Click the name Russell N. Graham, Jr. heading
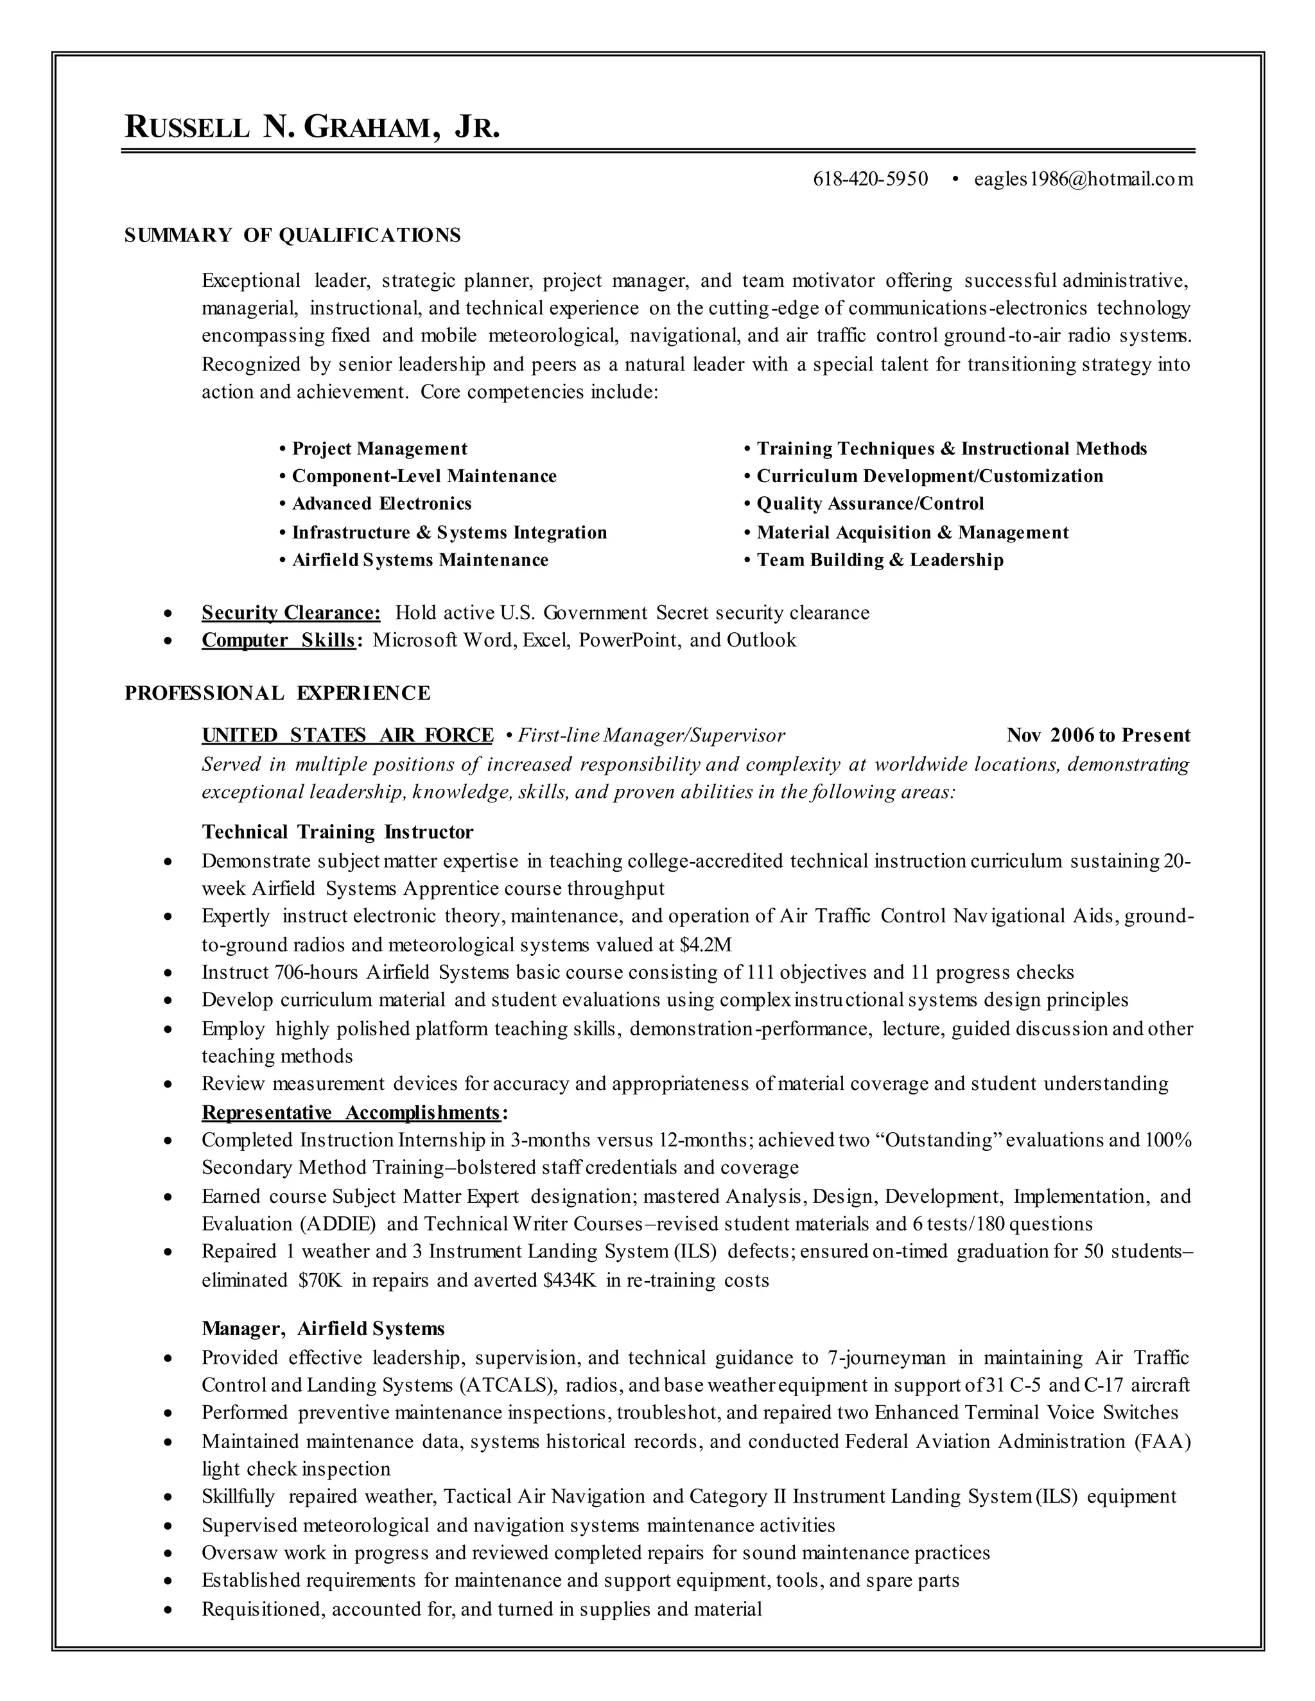[311, 127]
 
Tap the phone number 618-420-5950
[870, 180]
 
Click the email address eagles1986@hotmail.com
[1083, 180]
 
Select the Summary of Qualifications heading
[292, 235]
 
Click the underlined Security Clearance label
[291, 613]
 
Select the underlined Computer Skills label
[279, 640]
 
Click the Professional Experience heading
[277, 693]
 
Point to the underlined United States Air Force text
[347, 735]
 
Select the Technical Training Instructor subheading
[337, 832]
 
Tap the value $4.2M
[706, 945]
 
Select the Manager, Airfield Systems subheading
[322, 1328]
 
